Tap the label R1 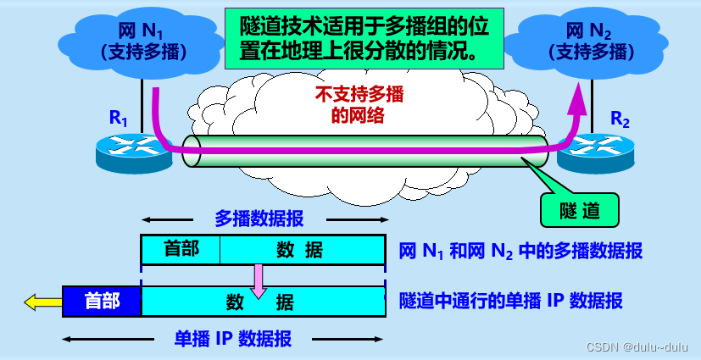click(119, 119)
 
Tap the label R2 click(620, 119)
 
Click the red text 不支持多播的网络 click(359, 105)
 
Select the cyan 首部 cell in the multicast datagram click(181, 248)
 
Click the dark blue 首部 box click(102, 301)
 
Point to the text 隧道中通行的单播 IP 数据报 click(511, 301)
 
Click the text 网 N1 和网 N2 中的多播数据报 click(520, 251)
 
